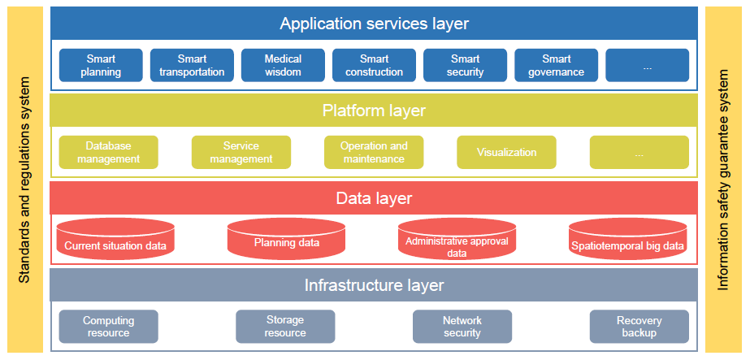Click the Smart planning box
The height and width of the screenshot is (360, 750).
coord(101,66)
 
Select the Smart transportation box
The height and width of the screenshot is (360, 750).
coord(192,66)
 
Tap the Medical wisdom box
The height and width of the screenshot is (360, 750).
coord(283,66)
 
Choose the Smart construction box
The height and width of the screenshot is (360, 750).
coord(374,66)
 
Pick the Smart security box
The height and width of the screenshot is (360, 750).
coord(466,66)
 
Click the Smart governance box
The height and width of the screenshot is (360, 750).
coord(557,66)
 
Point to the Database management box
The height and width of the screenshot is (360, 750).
coord(109,152)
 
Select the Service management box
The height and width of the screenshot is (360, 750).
coord(241,152)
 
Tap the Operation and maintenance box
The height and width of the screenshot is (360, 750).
coord(374,152)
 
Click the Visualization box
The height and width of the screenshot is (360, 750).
coord(506,152)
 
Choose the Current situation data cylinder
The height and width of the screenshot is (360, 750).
coord(115,239)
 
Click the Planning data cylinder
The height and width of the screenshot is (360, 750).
coord(287,239)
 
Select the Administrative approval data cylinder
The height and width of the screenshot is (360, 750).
coord(457,239)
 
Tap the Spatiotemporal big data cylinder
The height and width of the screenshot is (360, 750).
coord(627,239)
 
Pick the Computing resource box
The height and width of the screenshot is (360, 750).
coord(109,327)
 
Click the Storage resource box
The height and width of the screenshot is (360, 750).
coord(285,327)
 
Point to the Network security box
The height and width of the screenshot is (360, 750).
coord(462,327)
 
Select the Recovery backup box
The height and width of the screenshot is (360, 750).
coord(639,327)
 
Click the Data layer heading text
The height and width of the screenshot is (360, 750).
coord(374,198)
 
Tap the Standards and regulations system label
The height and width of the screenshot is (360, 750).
coord(25,180)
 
